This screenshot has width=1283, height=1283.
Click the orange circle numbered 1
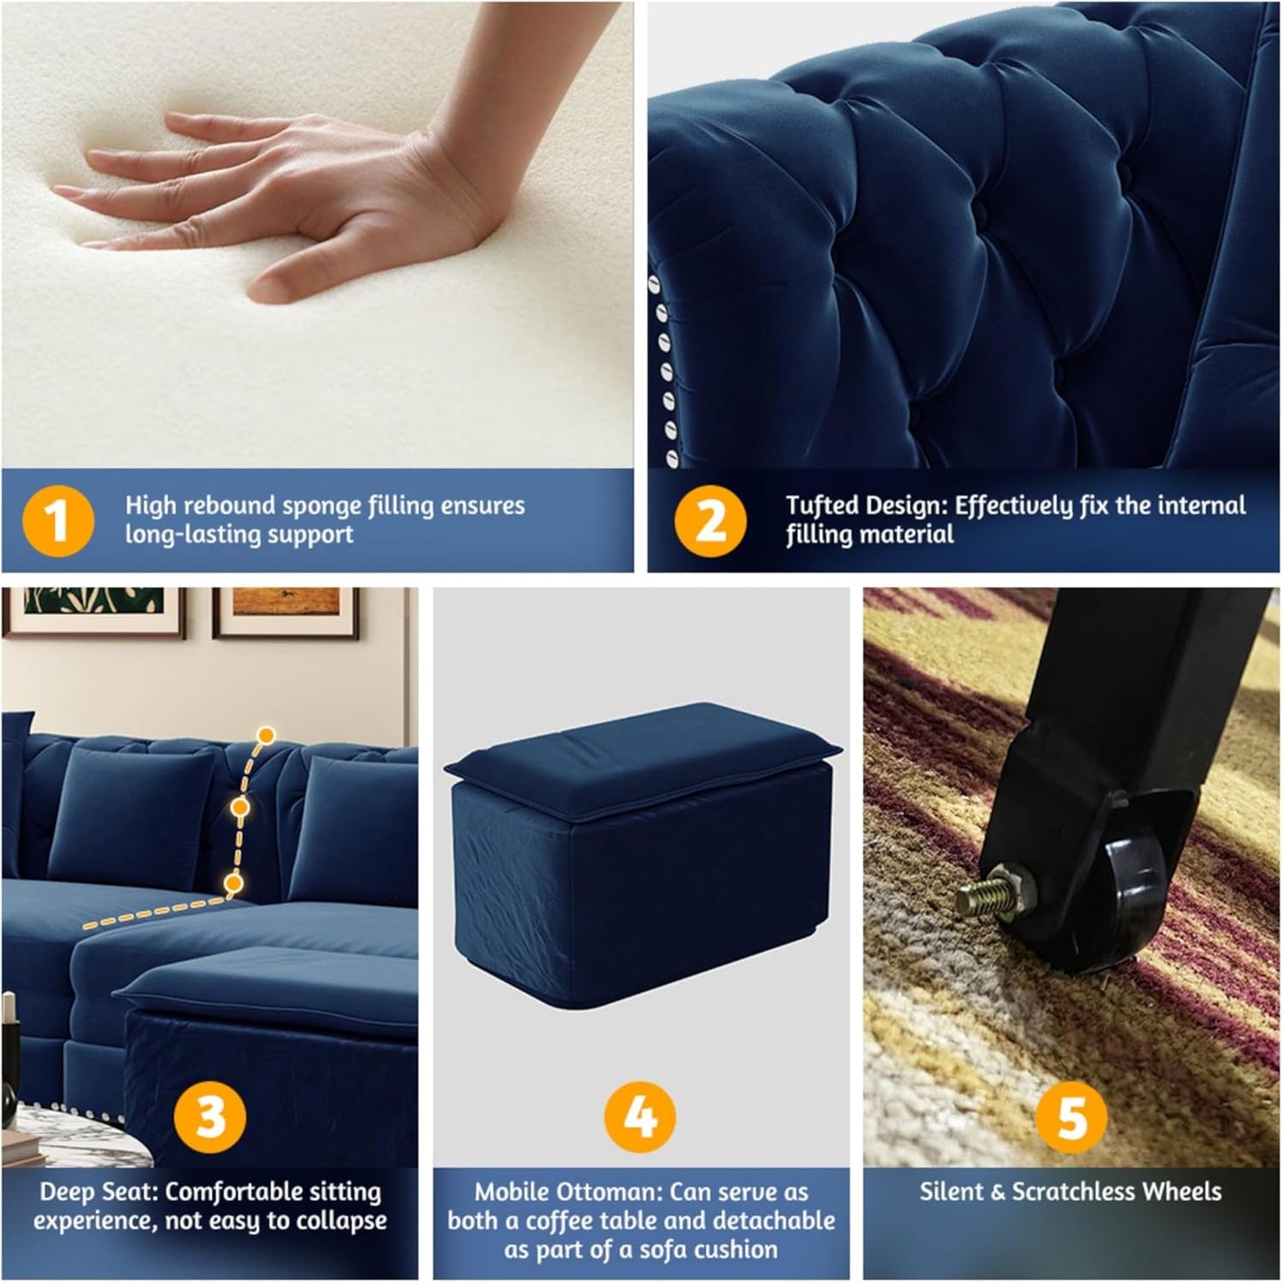pos(57,520)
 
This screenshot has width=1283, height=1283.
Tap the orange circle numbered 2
pos(710,520)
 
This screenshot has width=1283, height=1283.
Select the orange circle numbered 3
pos(210,1115)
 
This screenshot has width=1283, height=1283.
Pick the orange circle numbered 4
pos(640,1115)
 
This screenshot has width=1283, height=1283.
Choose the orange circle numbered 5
pos(1072,1115)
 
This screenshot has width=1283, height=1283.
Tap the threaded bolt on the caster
pos(977,899)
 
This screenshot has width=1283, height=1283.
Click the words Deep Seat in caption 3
pos(98,1192)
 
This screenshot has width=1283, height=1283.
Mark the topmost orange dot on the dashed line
pos(265,735)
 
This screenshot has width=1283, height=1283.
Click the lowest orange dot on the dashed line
pos(234,883)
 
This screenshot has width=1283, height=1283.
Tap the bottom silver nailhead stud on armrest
pos(672,459)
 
